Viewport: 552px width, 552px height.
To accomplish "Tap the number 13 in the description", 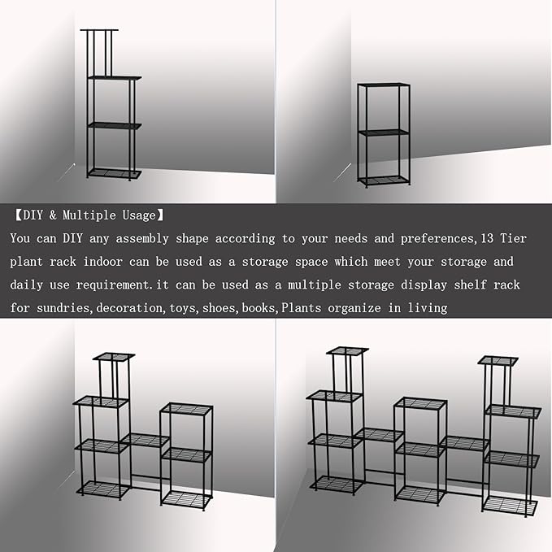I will (486, 239).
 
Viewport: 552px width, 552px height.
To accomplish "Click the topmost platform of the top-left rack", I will (99, 30).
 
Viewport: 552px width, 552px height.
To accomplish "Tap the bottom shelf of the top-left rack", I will (114, 173).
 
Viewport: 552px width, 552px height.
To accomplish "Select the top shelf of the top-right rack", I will (384, 85).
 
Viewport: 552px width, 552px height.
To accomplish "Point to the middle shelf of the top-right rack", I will (384, 132).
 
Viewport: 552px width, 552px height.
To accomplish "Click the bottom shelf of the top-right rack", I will (384, 180).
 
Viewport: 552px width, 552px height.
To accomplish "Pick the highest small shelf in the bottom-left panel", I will (113, 356).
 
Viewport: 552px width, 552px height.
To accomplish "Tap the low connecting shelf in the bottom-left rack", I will (146, 440).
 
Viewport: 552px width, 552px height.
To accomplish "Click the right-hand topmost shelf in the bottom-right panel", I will (498, 359).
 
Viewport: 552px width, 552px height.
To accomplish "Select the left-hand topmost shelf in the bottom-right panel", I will (347, 351).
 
